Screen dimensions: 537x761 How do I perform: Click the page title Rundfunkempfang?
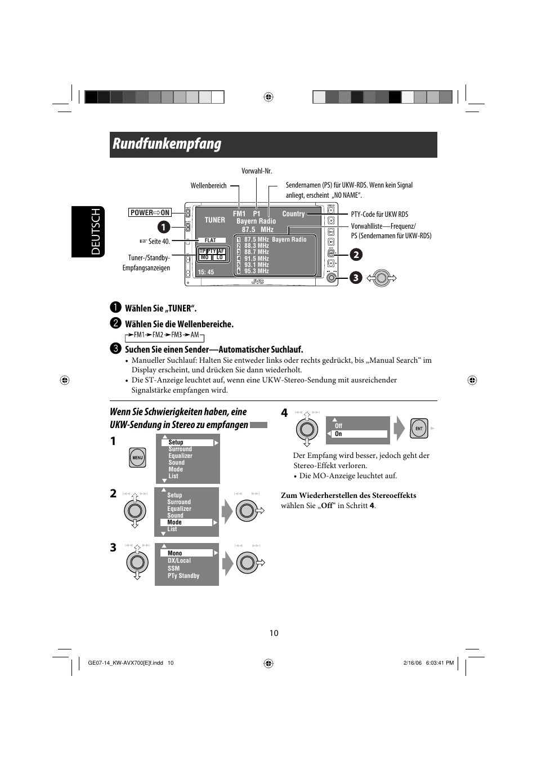click(x=167, y=144)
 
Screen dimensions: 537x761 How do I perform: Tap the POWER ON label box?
click(x=150, y=212)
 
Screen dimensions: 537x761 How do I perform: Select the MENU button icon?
click(x=137, y=457)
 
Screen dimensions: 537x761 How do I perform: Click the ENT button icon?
click(x=419, y=428)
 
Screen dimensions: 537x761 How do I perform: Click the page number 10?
click(x=274, y=633)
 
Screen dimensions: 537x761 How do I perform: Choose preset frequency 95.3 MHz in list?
click(x=256, y=271)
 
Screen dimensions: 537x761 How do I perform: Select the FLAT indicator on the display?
click(x=211, y=240)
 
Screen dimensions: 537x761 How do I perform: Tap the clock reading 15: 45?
click(x=206, y=272)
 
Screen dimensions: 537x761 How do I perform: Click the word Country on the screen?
click(x=293, y=214)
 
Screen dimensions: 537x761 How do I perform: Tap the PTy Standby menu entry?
click(x=184, y=576)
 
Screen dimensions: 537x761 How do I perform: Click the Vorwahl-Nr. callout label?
click(x=257, y=171)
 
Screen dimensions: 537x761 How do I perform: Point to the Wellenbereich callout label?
click(x=208, y=185)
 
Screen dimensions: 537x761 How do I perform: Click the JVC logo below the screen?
click(x=257, y=281)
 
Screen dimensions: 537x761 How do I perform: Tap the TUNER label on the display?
click(x=214, y=220)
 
